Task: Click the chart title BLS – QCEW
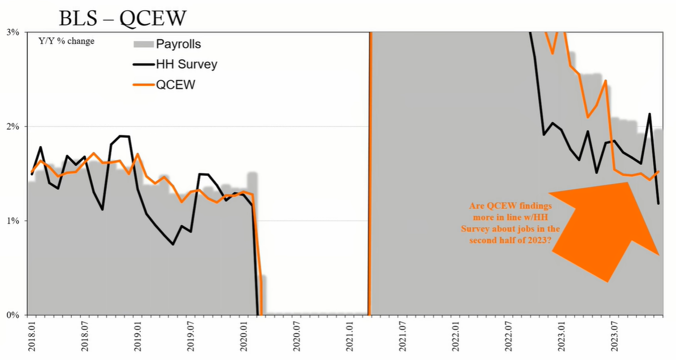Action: pos(122,18)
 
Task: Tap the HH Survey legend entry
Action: pos(175,64)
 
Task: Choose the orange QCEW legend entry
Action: pos(164,85)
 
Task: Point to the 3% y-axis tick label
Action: pos(13,32)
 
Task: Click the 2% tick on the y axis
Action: pos(13,127)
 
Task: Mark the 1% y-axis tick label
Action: pos(13,221)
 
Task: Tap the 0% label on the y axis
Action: pos(13,315)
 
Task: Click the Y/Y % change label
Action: pos(67,42)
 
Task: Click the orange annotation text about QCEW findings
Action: pos(510,223)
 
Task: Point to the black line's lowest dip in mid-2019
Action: pos(173,245)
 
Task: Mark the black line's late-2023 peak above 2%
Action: pos(649,114)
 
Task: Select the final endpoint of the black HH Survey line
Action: pos(658,204)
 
